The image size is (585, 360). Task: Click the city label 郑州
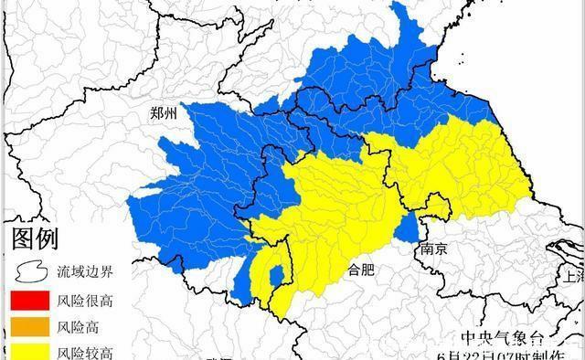(x=168, y=114)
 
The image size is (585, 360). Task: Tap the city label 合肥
(x=362, y=270)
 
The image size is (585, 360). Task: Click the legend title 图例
(x=35, y=240)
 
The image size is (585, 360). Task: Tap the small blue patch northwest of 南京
(x=407, y=227)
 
